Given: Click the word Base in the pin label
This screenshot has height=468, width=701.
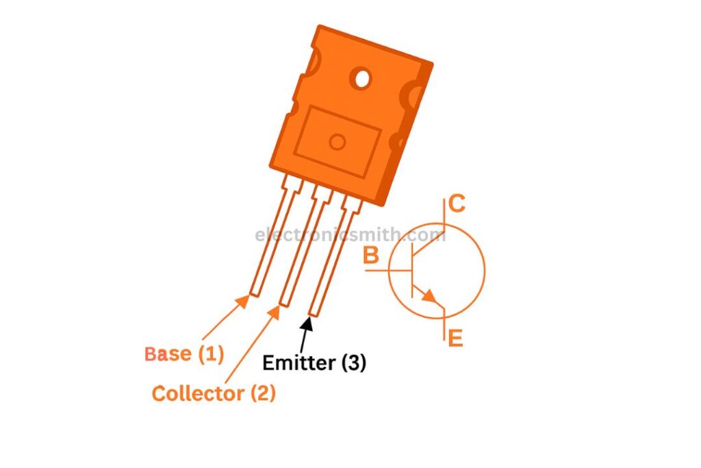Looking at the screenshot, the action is [x=168, y=354].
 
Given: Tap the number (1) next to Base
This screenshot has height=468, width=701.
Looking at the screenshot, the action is [x=211, y=354].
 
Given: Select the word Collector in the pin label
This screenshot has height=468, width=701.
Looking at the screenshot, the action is [x=198, y=394].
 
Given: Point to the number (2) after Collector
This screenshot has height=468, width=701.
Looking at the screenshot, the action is [x=263, y=394].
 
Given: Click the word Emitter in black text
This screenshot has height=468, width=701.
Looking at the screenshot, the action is [x=299, y=362].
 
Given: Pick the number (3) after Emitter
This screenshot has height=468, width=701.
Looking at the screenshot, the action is [x=354, y=362].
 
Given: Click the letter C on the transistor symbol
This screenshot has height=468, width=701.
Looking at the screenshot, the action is [x=457, y=204].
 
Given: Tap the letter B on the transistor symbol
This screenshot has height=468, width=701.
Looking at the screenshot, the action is [x=371, y=256].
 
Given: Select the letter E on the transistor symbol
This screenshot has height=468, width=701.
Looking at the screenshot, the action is [x=455, y=338].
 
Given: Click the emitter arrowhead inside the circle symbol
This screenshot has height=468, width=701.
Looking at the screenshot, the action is [x=430, y=296].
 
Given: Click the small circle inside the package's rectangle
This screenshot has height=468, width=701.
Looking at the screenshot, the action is [x=337, y=143].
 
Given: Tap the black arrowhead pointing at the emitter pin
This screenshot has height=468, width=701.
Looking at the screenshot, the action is [x=307, y=323].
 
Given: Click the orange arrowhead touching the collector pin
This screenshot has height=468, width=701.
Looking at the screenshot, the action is [x=273, y=312].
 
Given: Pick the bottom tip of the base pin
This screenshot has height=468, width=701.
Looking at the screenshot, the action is [x=255, y=295].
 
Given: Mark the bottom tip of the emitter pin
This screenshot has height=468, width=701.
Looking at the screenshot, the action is [x=314, y=315].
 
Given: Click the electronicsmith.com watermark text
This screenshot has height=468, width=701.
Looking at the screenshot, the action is [x=350, y=234].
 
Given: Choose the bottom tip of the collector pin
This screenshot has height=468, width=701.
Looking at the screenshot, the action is [x=284, y=304].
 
